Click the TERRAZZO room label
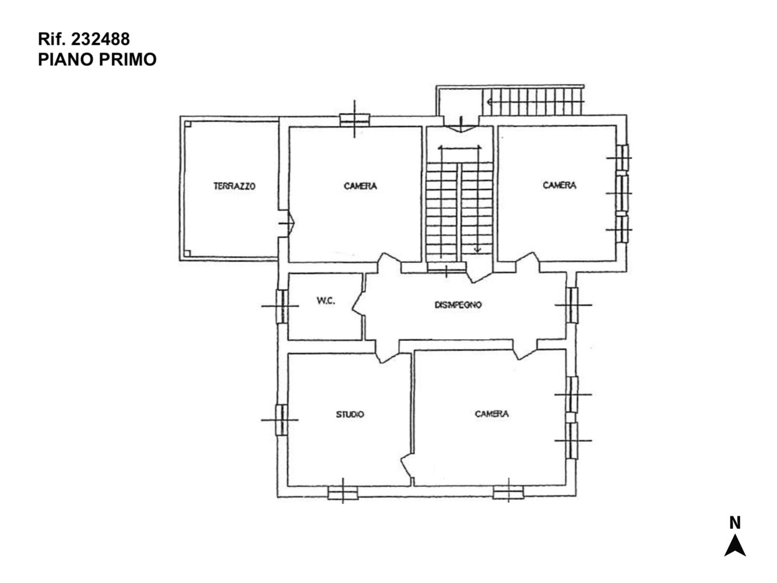click(x=234, y=186)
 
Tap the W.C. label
click(x=326, y=301)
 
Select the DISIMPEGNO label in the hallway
click(x=458, y=305)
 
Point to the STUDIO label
click(x=350, y=414)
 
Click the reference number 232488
click(x=101, y=39)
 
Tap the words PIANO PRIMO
click(x=97, y=59)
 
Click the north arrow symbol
click(x=735, y=545)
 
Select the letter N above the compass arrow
click(x=735, y=522)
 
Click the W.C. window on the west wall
click(x=282, y=306)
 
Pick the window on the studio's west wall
click(x=281, y=420)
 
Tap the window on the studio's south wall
click(x=343, y=493)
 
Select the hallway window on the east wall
click(x=572, y=305)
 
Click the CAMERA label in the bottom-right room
click(x=491, y=414)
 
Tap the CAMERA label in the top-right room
click(x=559, y=185)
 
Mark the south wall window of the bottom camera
click(x=508, y=492)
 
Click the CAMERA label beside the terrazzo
click(x=360, y=186)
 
